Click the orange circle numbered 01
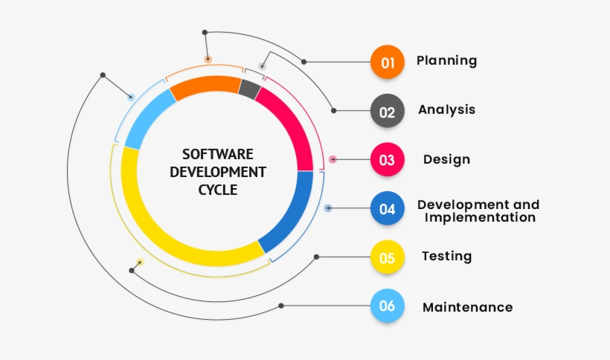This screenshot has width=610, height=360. (388, 62)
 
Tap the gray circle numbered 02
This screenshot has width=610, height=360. (388, 111)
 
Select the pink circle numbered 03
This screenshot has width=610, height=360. (388, 159)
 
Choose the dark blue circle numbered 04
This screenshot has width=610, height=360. (388, 208)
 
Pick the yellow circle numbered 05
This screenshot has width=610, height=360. (388, 257)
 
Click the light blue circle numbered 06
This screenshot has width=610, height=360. (388, 306)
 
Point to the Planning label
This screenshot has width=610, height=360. (446, 61)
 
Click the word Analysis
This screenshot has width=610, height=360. (446, 110)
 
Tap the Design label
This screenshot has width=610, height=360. (446, 159)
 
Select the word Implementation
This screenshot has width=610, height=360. (480, 217)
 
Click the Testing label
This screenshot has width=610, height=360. (446, 256)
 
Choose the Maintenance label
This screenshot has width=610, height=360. (468, 307)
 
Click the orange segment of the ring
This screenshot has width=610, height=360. (205, 87)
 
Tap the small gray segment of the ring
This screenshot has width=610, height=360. (250, 89)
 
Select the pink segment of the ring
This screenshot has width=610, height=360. (290, 125)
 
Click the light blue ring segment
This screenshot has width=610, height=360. (148, 117)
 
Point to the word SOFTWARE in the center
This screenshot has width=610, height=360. (218, 155)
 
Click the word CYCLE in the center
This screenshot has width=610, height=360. (218, 190)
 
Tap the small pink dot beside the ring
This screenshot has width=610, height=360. (333, 159)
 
